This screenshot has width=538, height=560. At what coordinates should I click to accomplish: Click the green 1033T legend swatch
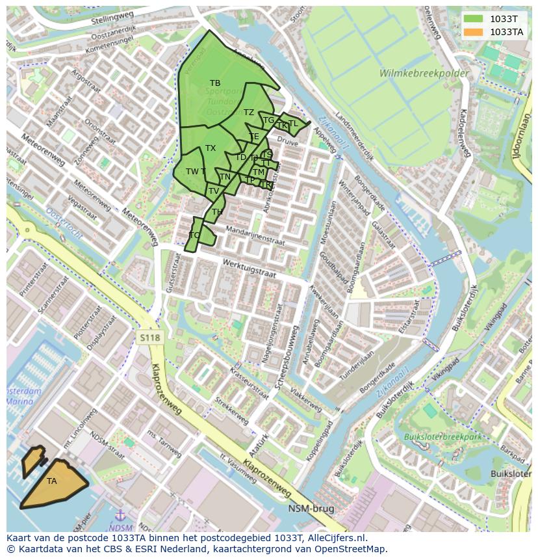[x=474, y=19]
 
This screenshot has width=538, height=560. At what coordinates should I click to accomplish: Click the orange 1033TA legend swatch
[x=474, y=32]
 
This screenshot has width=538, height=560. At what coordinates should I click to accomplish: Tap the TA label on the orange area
[x=52, y=481]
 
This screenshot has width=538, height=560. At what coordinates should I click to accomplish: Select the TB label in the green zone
[x=215, y=83]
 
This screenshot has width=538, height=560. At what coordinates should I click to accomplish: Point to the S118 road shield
[x=149, y=337]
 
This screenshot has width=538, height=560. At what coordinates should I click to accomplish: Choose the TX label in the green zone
[x=211, y=148]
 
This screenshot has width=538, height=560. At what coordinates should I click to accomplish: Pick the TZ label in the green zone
[x=249, y=113]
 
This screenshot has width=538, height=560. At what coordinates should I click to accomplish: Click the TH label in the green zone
[x=217, y=212]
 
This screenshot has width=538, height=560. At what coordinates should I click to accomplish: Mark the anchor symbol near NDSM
[x=120, y=516]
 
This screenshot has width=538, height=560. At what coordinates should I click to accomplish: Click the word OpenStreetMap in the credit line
[x=352, y=549]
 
